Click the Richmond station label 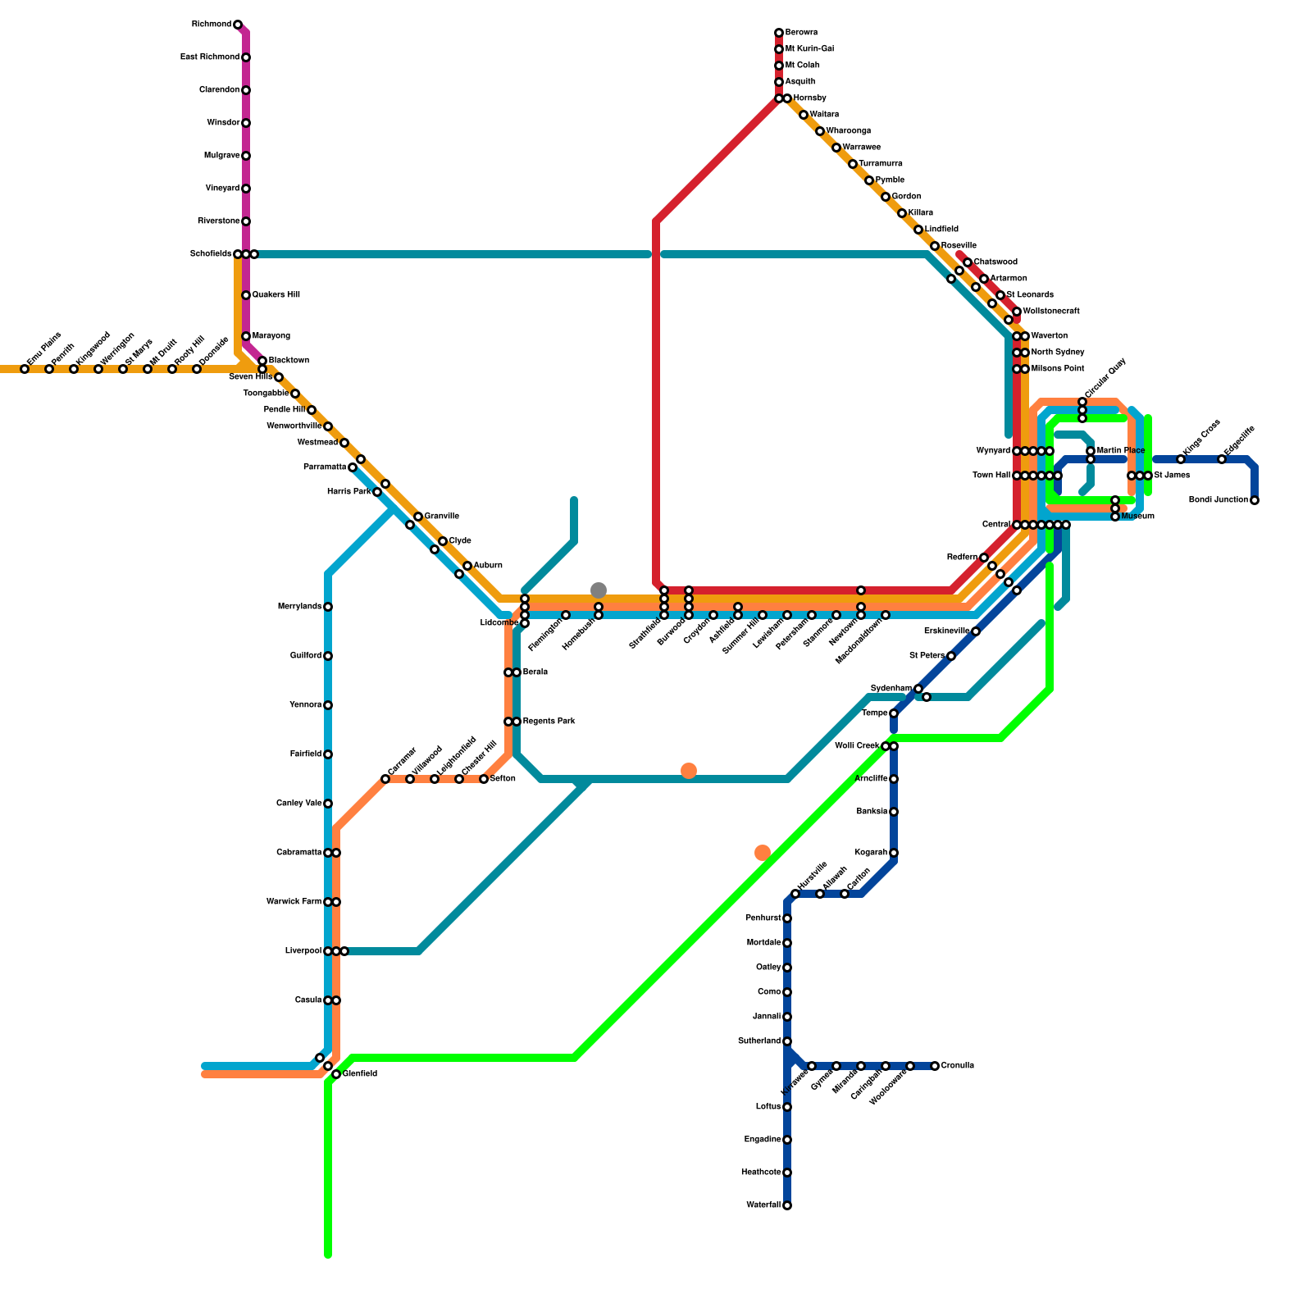point(211,25)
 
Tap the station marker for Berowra point(779,33)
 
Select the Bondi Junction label point(1219,500)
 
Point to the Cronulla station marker point(935,1066)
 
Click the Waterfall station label point(763,1205)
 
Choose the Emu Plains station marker point(25,369)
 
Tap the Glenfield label point(360,1074)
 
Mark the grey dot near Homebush point(599,590)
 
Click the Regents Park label point(549,722)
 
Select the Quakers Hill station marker point(246,295)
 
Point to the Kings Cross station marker point(1181,459)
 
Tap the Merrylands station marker point(328,607)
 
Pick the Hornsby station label point(809,98)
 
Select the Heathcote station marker point(787,1173)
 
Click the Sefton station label point(503,779)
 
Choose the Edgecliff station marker point(1222,459)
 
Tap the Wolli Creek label point(857,746)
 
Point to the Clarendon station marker point(246,90)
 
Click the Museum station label point(1138,517)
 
